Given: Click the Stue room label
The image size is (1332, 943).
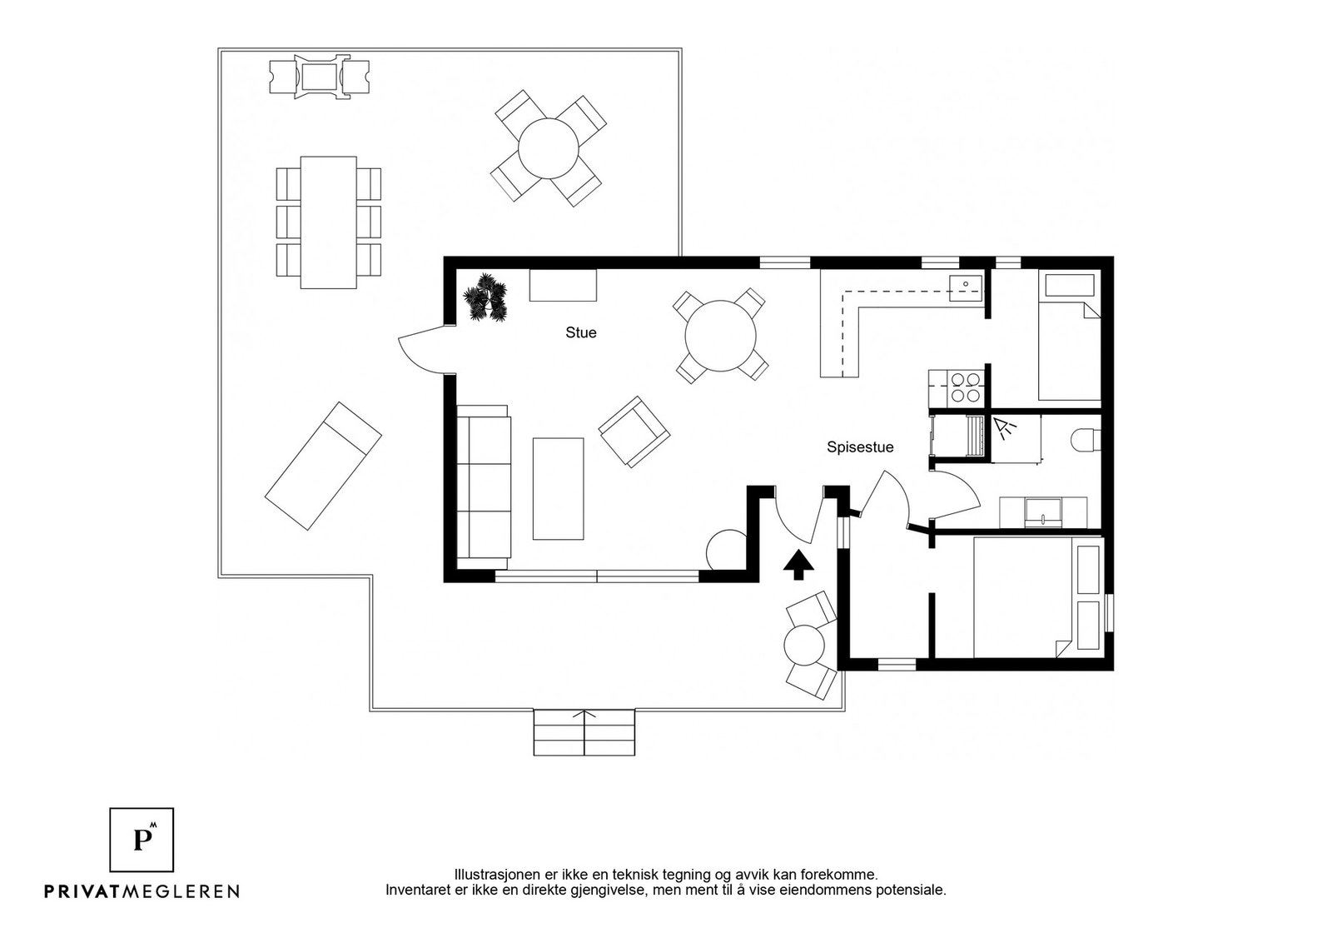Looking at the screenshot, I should [580, 332].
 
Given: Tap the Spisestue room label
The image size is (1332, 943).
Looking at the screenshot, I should [860, 447].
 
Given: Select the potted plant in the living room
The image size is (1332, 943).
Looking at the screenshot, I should [485, 298].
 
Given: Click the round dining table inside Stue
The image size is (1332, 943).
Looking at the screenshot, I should [720, 336].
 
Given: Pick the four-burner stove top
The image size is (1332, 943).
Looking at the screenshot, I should [966, 387].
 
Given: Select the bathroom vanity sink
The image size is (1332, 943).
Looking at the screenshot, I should [1042, 511].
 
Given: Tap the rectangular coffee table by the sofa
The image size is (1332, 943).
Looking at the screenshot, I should [558, 488].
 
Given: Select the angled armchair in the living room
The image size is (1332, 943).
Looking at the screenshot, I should [634, 431].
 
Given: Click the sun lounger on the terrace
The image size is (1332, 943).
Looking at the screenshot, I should [323, 466].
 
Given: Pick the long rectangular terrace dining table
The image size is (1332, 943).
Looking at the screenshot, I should [328, 222].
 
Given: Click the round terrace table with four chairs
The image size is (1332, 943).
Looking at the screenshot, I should [548, 148].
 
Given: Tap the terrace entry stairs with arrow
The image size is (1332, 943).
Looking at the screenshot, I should [584, 732].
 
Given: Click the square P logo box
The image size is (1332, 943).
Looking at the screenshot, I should [142, 840].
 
